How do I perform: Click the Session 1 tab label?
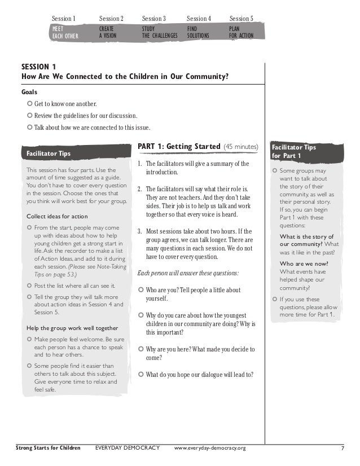click(64, 19)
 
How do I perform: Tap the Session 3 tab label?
click(153, 19)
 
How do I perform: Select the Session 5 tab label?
click(241, 19)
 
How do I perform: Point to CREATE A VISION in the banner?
click(111, 31)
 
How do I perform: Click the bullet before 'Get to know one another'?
click(30, 104)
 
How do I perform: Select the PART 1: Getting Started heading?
click(179, 147)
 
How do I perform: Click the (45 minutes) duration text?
click(241, 147)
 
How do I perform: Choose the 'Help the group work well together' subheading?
click(72, 328)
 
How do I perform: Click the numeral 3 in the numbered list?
click(139, 231)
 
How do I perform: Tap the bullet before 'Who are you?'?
click(141, 290)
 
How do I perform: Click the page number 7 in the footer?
click(343, 449)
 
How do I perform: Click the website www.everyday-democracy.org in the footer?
click(210, 449)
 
